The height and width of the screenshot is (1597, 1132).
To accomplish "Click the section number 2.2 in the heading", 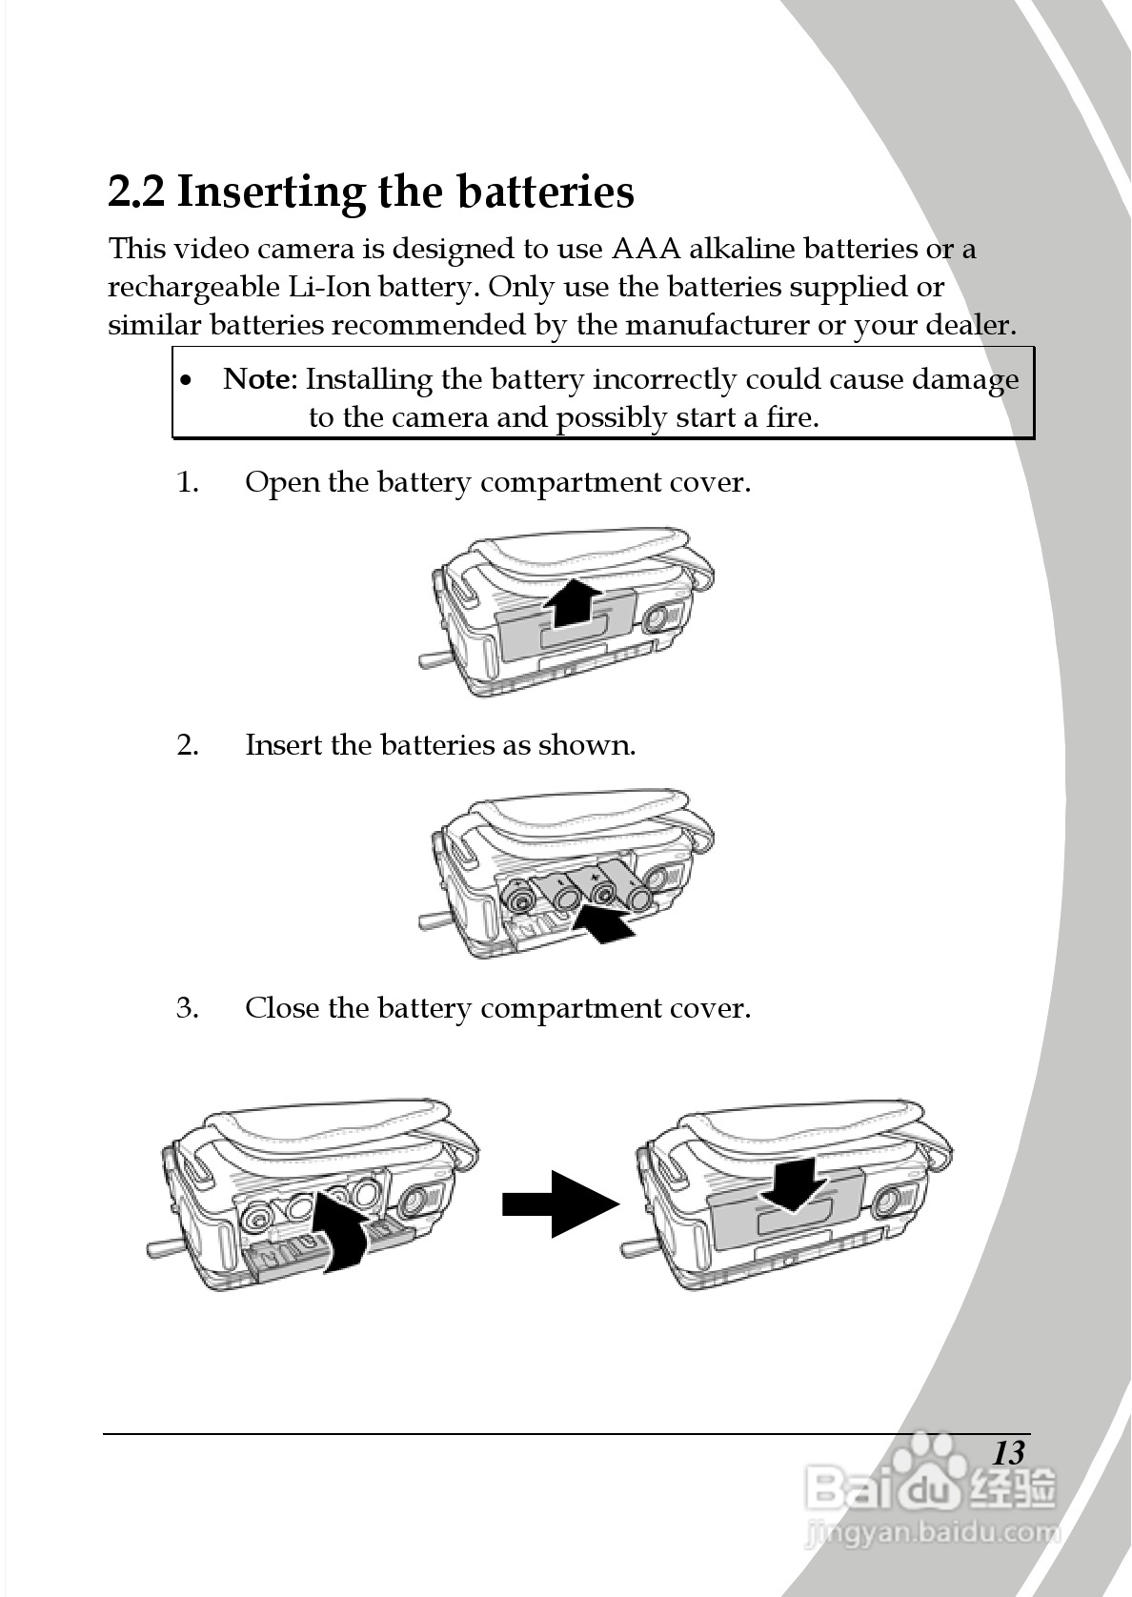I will pos(136,192).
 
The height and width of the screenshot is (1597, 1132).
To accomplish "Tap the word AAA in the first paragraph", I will pos(645,249).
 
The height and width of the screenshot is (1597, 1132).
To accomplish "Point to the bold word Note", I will pos(256,379).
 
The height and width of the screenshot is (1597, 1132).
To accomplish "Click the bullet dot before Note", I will pos(188,381).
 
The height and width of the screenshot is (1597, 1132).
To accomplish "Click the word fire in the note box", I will pos(790,417).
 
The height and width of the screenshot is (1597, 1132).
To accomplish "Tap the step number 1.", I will pos(187,482).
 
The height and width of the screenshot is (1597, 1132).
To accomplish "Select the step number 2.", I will pos(187,744).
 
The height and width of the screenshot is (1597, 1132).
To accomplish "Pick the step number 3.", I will pos(187,1008).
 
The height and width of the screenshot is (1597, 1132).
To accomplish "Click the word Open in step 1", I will pos(282,483).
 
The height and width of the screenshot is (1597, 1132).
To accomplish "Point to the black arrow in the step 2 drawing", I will pos(606,922).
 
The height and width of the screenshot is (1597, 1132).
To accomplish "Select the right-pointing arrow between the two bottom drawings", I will pos(560,1204).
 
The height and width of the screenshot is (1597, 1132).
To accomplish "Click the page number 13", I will pos(1007,1453).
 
